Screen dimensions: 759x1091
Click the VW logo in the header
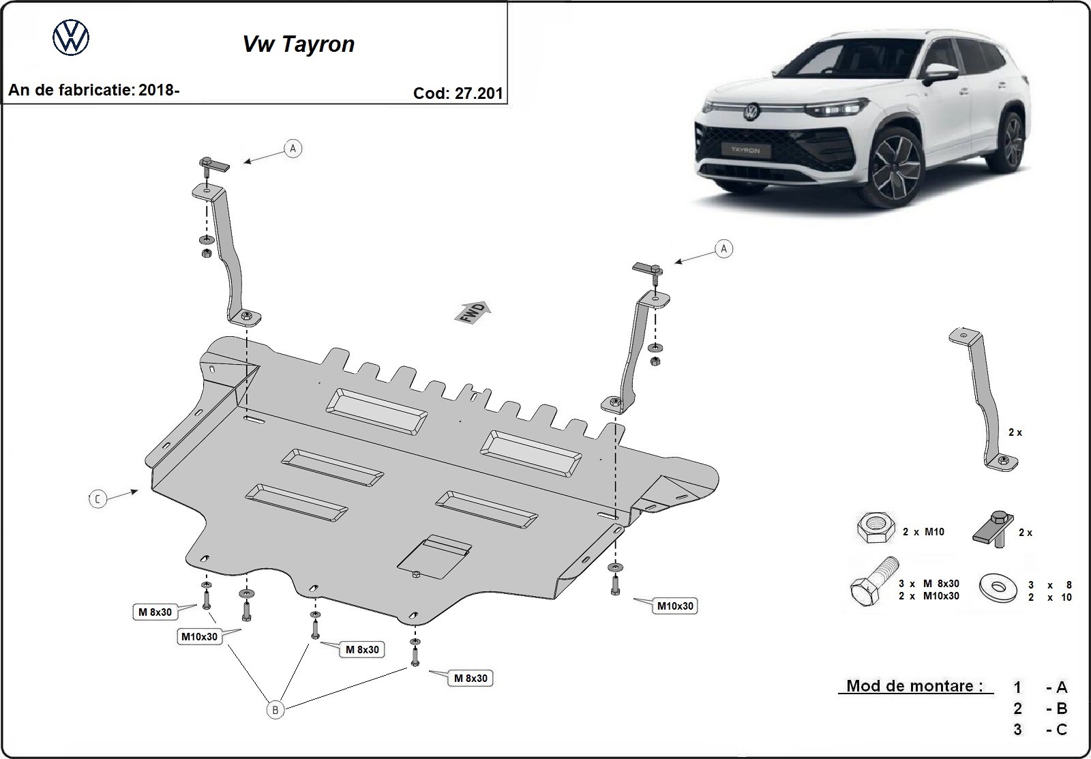pos(71,38)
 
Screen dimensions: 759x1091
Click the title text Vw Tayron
pos(299,44)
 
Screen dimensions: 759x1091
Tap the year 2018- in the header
pos(158,89)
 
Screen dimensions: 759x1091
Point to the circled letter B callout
pos(275,710)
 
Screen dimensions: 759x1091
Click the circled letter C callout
pos(98,499)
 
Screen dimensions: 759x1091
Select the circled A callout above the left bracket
pos(293,148)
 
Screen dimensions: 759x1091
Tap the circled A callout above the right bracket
pos(723,249)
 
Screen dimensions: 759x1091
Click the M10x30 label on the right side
pos(674,606)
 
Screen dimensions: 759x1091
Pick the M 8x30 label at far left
pos(155,612)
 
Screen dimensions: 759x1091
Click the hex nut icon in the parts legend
pos(875,529)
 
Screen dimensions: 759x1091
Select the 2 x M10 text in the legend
pos(924,532)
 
